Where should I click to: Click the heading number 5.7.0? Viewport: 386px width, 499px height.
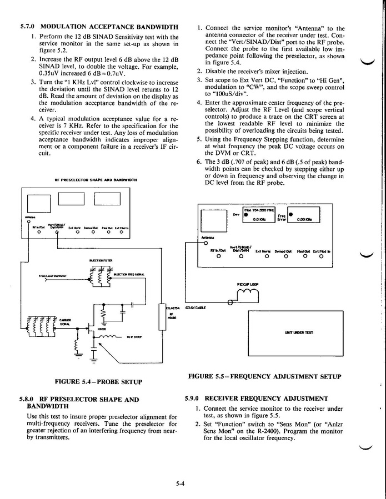(28, 26)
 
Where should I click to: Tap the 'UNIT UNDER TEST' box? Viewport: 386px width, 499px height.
(298, 332)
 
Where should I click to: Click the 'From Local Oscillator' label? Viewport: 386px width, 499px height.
(53, 275)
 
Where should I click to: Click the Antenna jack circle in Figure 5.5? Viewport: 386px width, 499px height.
(205, 243)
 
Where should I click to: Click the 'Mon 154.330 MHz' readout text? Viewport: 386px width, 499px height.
(259, 210)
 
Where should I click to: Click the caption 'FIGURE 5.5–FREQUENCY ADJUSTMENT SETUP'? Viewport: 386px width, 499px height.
(264, 376)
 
